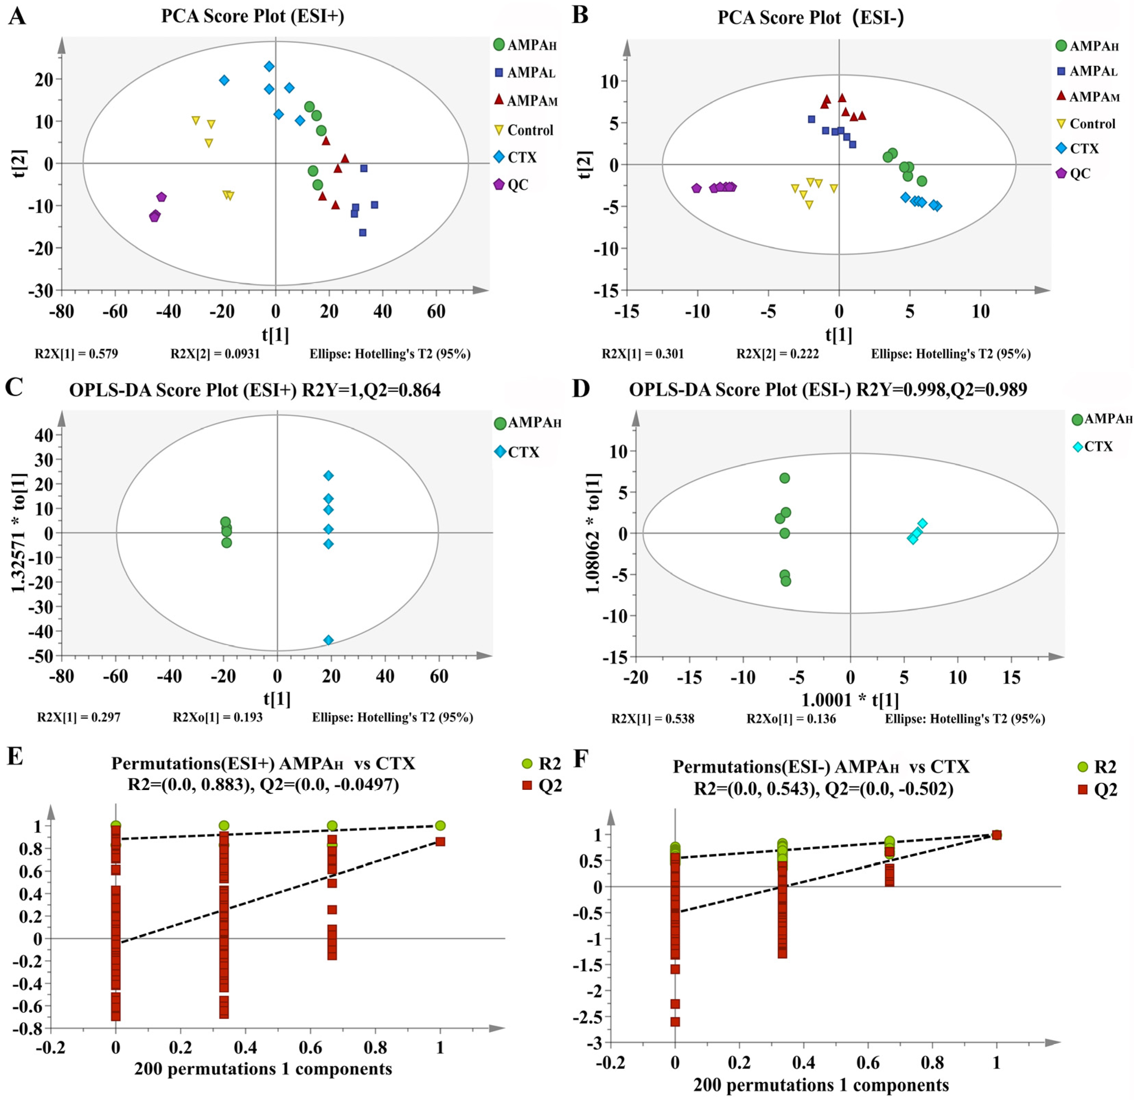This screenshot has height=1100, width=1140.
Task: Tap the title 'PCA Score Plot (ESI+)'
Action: pyautogui.click(x=253, y=16)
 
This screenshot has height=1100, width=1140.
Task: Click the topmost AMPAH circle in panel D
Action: pyautogui.click(x=784, y=478)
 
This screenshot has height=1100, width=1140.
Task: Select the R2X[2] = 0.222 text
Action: pyautogui.click(x=778, y=354)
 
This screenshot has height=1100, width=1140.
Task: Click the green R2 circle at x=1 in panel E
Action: pyautogui.click(x=440, y=825)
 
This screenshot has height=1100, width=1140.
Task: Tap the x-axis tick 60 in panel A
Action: pyautogui.click(x=436, y=312)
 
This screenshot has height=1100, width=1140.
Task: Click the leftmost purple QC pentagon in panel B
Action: pyautogui.click(x=697, y=188)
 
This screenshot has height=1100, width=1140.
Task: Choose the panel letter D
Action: pyautogui.click(x=581, y=389)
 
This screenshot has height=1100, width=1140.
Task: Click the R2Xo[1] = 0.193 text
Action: pyautogui.click(x=218, y=717)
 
